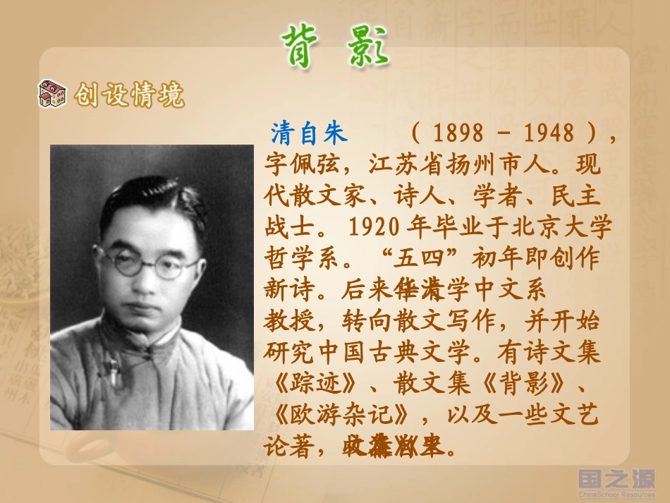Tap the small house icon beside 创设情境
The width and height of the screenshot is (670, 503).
(51, 94)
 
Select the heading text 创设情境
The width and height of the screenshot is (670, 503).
(129, 95)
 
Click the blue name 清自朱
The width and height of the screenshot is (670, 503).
(310, 133)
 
